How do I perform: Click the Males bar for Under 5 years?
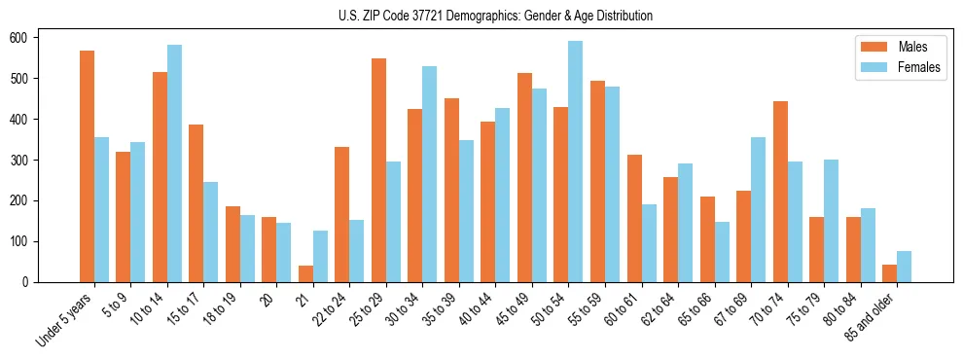click(87, 166)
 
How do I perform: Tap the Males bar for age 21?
click(305, 273)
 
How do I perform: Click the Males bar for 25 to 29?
click(378, 170)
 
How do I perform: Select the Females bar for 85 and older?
click(904, 267)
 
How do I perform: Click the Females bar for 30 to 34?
click(430, 174)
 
